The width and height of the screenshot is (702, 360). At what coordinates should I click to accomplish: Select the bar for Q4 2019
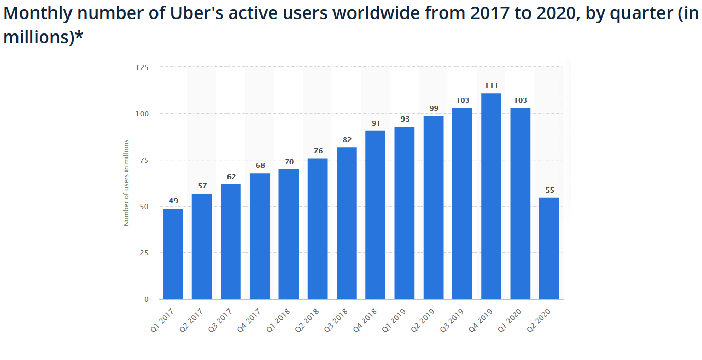pyautogui.click(x=491, y=196)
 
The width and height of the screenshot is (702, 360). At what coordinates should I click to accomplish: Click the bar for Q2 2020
pyautogui.click(x=549, y=248)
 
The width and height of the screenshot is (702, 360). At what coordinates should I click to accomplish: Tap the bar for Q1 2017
pyautogui.click(x=172, y=253)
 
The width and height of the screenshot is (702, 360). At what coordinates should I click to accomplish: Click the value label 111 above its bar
pyautogui.click(x=491, y=85)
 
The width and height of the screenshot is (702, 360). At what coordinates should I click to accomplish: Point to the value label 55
pyautogui.click(x=549, y=190)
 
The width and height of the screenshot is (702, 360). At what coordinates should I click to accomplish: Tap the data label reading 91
pyautogui.click(x=375, y=123)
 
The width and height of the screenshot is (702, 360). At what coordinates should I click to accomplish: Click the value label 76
pyautogui.click(x=318, y=151)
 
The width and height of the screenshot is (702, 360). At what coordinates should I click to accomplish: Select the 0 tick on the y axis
pyautogui.click(x=146, y=299)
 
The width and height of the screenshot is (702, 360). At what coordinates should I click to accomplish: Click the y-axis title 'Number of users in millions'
pyautogui.click(x=126, y=183)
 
